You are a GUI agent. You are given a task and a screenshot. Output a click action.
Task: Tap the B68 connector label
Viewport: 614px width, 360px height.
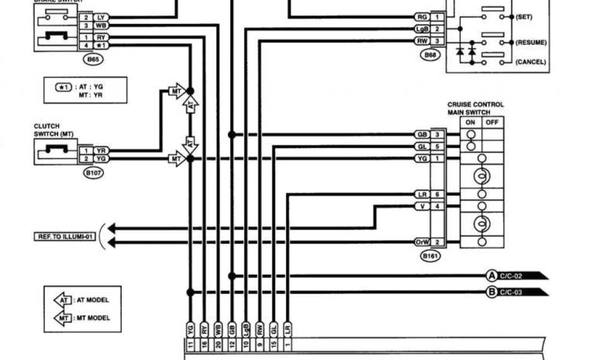(x=431, y=55)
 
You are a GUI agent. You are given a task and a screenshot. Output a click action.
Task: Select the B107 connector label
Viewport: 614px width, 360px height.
(x=91, y=173)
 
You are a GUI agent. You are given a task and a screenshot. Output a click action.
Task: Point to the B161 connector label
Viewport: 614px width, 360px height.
(x=429, y=256)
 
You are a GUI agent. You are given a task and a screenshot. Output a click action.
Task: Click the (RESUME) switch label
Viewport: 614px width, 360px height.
(x=531, y=43)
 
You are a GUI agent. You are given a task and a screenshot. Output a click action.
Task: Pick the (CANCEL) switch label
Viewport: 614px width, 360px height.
(x=531, y=61)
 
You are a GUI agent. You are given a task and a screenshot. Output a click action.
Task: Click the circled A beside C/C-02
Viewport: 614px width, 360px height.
(x=492, y=276)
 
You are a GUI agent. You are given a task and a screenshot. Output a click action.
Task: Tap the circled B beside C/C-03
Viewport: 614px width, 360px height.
(x=492, y=292)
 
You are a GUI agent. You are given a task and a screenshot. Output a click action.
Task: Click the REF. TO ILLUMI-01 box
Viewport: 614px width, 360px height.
(x=64, y=236)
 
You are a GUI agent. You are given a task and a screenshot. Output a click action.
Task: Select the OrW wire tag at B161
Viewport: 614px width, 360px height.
(x=422, y=242)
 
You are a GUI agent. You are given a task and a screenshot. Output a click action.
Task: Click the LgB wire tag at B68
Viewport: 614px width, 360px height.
(x=422, y=29)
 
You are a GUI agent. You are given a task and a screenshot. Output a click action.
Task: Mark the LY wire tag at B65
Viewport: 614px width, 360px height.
(x=100, y=17)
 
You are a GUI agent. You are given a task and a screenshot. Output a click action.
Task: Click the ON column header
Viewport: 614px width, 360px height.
(x=471, y=122)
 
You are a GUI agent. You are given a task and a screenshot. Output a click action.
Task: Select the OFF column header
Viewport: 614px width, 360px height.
(x=492, y=122)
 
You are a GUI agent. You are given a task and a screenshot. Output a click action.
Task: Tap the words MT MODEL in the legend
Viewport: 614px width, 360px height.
(x=92, y=318)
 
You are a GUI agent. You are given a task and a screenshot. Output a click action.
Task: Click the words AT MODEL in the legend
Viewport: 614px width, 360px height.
(x=92, y=300)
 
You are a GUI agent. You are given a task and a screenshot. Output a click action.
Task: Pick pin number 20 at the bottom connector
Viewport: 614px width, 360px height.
(x=218, y=344)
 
